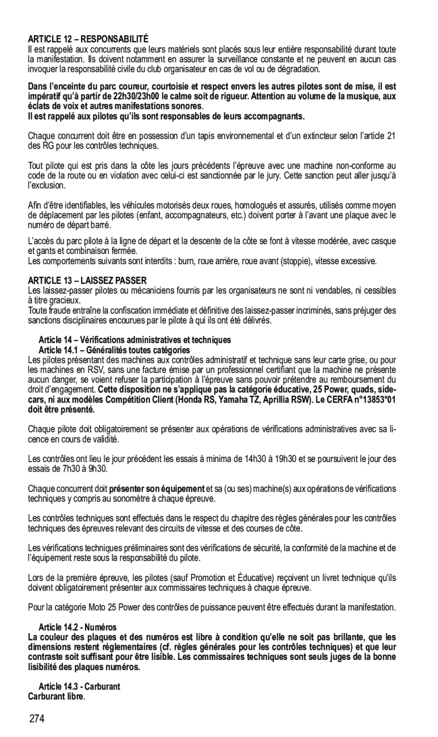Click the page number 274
coord(36,719)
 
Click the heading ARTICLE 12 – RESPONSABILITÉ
coord(88,40)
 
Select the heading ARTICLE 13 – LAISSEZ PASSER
coord(87,280)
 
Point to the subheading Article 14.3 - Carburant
coord(79,686)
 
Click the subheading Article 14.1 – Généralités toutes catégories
coord(114,350)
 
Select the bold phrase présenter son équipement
coord(156,489)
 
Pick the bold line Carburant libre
coord(56,696)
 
